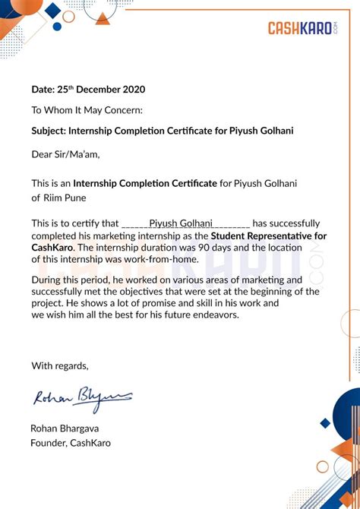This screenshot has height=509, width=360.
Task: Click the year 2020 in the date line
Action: (132, 90)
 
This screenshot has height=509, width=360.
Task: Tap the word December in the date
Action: (93, 90)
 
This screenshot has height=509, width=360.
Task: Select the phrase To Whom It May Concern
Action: (87, 110)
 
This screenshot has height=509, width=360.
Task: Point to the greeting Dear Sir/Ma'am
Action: (65, 154)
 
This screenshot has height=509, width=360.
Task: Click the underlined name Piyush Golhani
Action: (182, 223)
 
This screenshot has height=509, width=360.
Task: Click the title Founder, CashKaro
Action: (70, 443)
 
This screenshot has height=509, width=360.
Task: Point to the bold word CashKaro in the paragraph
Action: (52, 247)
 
